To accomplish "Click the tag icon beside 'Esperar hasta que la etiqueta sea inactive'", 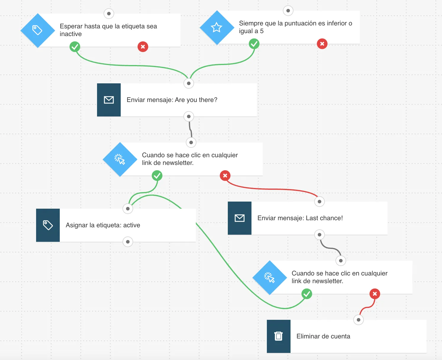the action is point(37,30).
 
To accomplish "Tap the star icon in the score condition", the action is point(216,27).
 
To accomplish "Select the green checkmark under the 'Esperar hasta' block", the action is point(75,47).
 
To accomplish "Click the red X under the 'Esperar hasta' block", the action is point(143,47).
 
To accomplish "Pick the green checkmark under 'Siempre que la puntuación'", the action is point(254,44).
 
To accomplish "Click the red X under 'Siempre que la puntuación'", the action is point(322,44).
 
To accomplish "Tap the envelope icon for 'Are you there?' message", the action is point(109,100).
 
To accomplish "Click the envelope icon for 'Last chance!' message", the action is point(240,218).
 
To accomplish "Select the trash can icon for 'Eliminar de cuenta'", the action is point(278,336).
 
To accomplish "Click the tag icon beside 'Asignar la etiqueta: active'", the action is point(48,225).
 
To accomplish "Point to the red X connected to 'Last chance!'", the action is point(225,176).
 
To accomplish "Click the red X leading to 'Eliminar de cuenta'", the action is point(375,293).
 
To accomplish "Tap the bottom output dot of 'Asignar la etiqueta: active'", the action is point(128,242).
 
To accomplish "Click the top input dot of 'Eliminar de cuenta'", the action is point(358,320).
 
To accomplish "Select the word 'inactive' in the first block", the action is point(71,34).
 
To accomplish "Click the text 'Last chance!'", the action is point(324,218).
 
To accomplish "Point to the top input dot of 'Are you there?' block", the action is point(189,83).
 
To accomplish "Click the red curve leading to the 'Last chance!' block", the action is point(272,189).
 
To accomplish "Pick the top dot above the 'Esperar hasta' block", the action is point(109,14).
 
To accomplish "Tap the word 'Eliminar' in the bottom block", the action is point(308,336).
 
